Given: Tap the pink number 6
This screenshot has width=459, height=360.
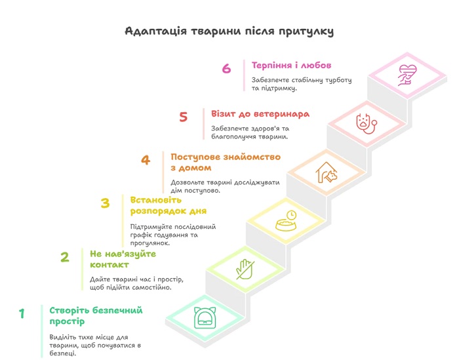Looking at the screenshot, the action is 226,68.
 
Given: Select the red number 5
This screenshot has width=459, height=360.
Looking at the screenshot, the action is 183,117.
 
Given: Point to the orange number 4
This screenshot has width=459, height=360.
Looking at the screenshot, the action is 146,160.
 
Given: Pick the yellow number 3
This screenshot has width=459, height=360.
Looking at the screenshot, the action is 105,203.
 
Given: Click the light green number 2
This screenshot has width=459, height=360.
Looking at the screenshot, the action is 65,257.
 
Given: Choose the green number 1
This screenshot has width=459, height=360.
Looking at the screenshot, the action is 22,313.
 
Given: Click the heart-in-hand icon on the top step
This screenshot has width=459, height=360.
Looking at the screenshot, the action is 407,75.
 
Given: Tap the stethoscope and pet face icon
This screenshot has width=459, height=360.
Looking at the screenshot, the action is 367,123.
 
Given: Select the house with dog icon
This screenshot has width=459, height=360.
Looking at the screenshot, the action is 327,172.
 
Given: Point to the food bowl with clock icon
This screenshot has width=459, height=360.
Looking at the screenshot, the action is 287,221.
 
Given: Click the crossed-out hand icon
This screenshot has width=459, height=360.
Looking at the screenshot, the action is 245,270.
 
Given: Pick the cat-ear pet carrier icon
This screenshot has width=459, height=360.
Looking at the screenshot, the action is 205,318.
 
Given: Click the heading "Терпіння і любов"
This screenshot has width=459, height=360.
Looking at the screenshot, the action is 291,65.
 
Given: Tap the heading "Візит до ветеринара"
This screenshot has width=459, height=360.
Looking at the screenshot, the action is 260,113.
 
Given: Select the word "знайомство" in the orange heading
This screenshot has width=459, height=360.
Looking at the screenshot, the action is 252,157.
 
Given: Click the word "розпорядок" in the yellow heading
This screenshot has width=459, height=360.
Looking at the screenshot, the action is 157,211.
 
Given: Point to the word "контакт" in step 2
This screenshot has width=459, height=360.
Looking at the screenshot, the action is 110,264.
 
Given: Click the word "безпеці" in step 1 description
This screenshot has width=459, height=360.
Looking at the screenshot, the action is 62,353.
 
